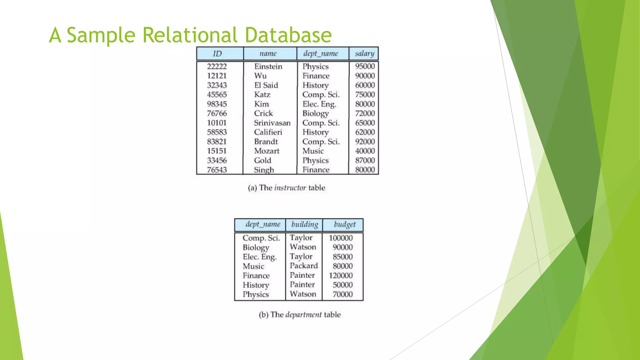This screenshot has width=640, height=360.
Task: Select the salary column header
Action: pyautogui.click(x=364, y=53)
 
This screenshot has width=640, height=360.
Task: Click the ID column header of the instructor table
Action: pyautogui.click(x=217, y=54)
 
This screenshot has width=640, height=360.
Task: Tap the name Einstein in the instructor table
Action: pyautogui.click(x=268, y=67)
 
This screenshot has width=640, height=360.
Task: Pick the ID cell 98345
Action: pyautogui.click(x=217, y=104)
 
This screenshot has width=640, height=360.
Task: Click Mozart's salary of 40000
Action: pyautogui.click(x=365, y=151)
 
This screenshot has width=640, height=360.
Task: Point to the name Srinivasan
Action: pyautogui.click(x=272, y=123)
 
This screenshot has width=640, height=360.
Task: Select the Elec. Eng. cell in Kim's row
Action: pyautogui.click(x=319, y=104)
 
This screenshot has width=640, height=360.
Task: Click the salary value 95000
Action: pyautogui.click(x=365, y=66)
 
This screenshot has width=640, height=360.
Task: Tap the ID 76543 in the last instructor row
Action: pyautogui.click(x=217, y=170)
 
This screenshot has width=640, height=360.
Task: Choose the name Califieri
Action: pyautogui.click(x=268, y=132)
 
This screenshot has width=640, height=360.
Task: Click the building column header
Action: pyautogui.click(x=305, y=224)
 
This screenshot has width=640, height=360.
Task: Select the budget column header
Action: pyautogui.click(x=345, y=224)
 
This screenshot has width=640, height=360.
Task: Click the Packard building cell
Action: pyautogui.click(x=303, y=266)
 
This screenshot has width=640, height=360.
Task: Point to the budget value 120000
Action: pyautogui.click(x=340, y=275)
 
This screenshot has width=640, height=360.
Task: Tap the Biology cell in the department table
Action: pyautogui.click(x=256, y=247)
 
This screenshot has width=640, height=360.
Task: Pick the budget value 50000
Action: pyautogui.click(x=342, y=285)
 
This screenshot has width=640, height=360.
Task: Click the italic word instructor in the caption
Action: pyautogui.click(x=290, y=188)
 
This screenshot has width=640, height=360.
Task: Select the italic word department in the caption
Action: pyautogui.click(x=303, y=315)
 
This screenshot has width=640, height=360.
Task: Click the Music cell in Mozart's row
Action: pyautogui.click(x=313, y=151)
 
